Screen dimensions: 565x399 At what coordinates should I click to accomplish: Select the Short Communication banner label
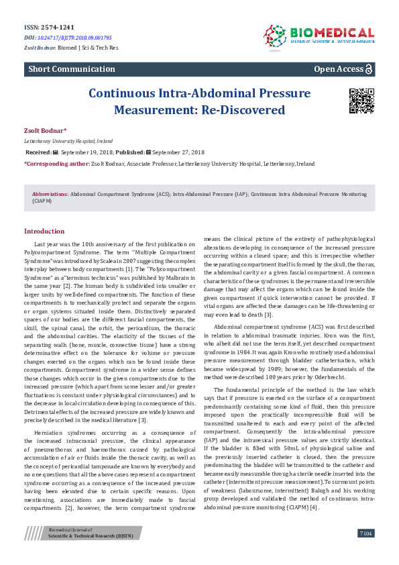pos(71,69)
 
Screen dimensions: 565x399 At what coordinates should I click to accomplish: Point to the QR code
pos(361,100)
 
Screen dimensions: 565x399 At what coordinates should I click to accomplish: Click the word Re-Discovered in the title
pos(247,109)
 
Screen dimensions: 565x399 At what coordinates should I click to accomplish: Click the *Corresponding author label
pos(56,163)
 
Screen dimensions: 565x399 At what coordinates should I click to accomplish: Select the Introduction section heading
pos(44,232)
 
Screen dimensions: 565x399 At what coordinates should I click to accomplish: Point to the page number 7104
pos(365,551)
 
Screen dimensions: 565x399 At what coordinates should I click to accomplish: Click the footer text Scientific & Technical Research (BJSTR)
pos(90,554)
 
